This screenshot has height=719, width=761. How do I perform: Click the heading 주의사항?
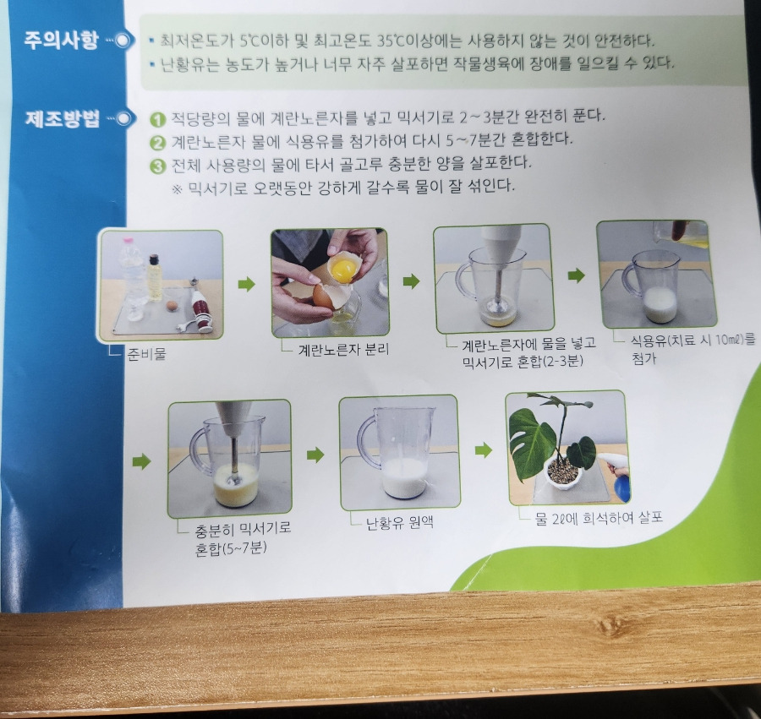coord(61,40)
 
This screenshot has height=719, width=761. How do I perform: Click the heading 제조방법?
coord(62,118)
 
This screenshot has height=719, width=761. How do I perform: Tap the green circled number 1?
coord(157,120)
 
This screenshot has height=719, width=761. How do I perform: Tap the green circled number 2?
coord(158,143)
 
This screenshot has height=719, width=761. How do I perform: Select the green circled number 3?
coord(158,166)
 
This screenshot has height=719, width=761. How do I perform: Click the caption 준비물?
coord(146,354)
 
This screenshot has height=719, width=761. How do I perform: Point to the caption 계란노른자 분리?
coord(343,350)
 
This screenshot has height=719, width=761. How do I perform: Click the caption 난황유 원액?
coord(399,523)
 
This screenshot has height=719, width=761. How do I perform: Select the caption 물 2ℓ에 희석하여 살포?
coord(599,518)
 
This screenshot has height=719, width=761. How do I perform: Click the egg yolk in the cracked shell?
coord(343,270)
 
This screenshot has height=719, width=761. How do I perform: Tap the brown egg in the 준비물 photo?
coord(172,306)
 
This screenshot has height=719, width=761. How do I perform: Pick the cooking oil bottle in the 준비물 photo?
coord(155,277)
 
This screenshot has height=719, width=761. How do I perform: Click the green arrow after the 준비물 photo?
coord(247,284)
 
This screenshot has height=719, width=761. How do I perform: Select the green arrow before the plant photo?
coord(484,450)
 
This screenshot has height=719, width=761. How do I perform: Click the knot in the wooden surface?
coord(608,625)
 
